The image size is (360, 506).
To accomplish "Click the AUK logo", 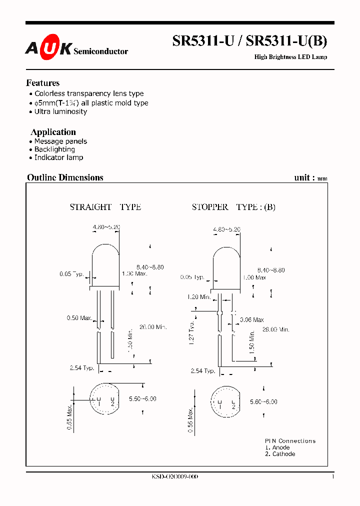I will (48, 48).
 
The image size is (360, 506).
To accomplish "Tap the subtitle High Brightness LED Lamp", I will (290, 57).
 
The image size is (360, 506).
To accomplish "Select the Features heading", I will (43, 83).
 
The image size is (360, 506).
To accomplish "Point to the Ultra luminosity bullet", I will (60, 111).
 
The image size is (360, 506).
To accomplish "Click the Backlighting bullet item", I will (54, 149).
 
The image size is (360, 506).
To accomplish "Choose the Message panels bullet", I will (60, 141).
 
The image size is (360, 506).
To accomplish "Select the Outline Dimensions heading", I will (65, 177).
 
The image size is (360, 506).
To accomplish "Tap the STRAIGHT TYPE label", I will (105, 207).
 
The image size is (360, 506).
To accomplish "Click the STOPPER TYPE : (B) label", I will (233, 207).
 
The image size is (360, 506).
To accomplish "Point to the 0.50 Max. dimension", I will (79, 318).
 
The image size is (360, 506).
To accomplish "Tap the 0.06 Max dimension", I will (251, 319).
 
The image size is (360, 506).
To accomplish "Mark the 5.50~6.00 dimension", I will (142, 398).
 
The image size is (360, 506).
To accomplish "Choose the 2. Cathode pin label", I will (280, 454).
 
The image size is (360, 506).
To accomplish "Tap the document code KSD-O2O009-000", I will (174, 477).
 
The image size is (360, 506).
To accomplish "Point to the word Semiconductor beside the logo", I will (100, 51).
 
